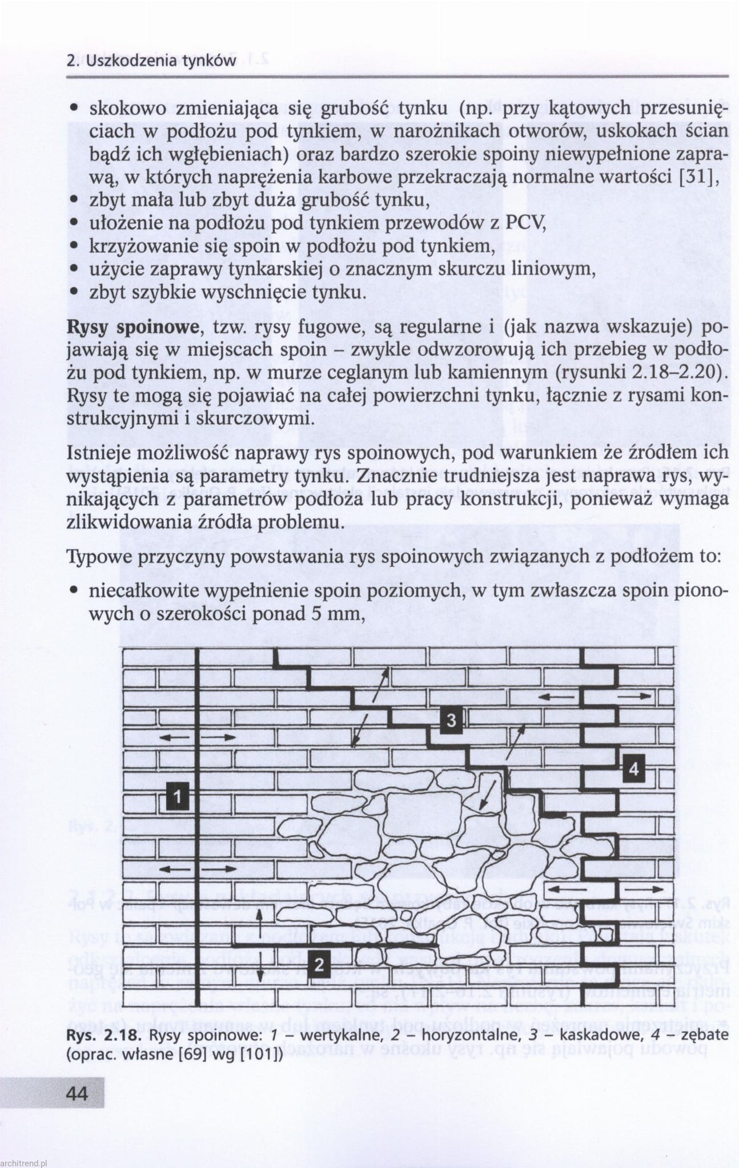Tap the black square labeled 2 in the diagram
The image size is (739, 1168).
click(x=320, y=965)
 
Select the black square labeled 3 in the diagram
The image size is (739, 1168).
click(x=451, y=720)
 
